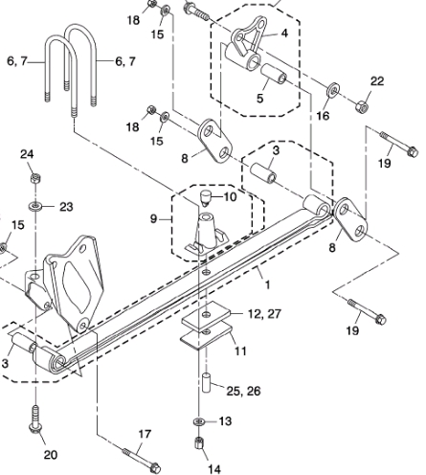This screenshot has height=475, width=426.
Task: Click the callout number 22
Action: pyautogui.click(x=377, y=81)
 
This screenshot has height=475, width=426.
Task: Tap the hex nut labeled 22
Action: pyautogui.click(x=362, y=106)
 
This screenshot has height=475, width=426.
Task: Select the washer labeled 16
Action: pyautogui.click(x=333, y=89)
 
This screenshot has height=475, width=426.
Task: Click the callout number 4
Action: pyautogui.click(x=284, y=34)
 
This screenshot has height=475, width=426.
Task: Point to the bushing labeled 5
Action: pyautogui.click(x=274, y=74)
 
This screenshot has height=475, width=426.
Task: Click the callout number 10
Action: pyautogui.click(x=230, y=197)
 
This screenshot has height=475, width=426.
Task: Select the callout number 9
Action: pyautogui.click(x=153, y=219)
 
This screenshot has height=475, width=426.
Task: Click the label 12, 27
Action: pyautogui.click(x=264, y=314)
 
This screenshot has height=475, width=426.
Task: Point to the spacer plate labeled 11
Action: pyautogui.click(x=206, y=335)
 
